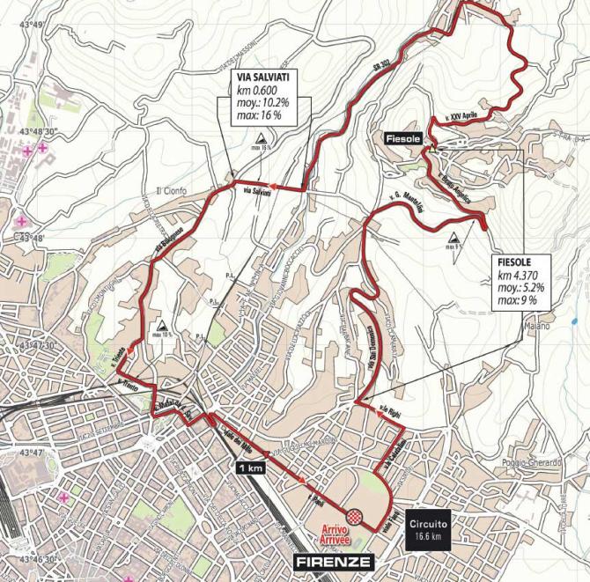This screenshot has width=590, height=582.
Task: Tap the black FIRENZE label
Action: tap(335, 562)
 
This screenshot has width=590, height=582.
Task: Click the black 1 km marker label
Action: tap(250, 468)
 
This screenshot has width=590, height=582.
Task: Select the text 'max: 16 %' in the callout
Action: tap(257, 114)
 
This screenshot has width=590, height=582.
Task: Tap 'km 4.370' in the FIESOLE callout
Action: tap(517, 274)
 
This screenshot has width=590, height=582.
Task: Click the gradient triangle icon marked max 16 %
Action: tap(262, 139)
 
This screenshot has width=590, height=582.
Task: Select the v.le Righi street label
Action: tap(390, 409)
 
